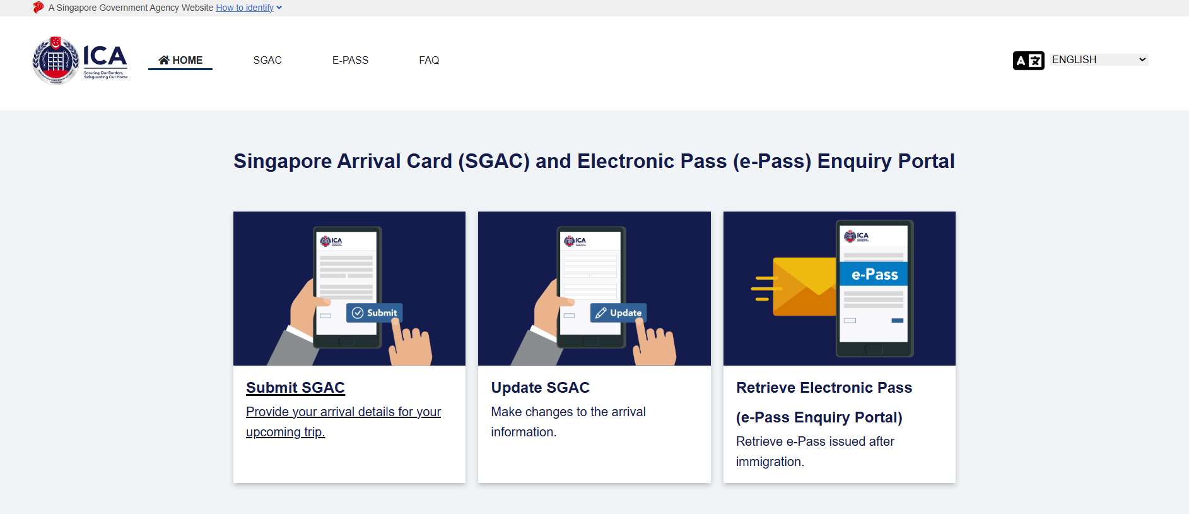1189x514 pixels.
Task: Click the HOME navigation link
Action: pos(180,60)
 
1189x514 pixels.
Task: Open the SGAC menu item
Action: pos(267,60)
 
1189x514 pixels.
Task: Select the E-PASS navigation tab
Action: pos(350,60)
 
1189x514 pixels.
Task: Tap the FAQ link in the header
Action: pos(429,60)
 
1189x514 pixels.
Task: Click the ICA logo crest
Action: pos(56,61)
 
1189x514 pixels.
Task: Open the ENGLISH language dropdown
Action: pos(1099,59)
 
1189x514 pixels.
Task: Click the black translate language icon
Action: pos(1028,61)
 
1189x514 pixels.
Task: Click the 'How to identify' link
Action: pos(245,8)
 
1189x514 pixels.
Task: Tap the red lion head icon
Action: pos(38,8)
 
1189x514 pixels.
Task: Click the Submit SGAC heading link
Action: pos(295,388)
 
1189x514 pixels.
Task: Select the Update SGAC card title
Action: pos(540,388)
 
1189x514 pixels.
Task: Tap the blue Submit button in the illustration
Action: pos(374,313)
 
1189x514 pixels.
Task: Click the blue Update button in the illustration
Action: pos(618,313)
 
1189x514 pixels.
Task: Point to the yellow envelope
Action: pos(804,287)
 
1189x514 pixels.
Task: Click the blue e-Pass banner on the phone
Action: pos(874,274)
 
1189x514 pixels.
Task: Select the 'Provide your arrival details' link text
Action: pos(343,421)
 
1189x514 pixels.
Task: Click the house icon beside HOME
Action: pos(164,60)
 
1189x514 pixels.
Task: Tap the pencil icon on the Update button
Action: pos(601,313)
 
